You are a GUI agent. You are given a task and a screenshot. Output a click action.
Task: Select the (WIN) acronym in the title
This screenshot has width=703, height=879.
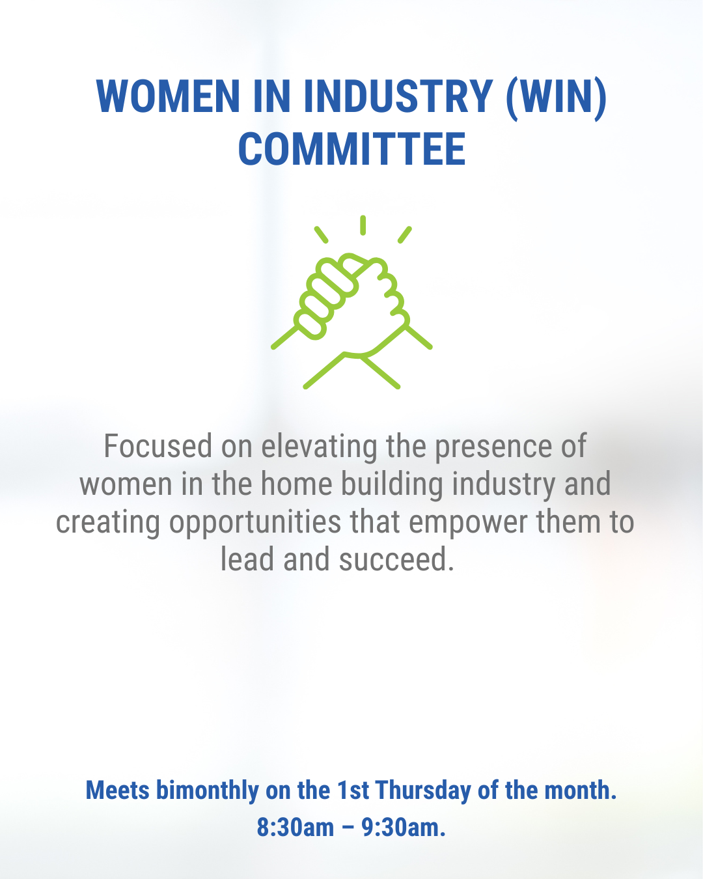557,98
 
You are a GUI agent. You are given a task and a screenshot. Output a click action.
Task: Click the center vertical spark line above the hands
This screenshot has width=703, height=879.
363,225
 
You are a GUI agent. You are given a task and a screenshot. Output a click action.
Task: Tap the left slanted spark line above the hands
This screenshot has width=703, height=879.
321,234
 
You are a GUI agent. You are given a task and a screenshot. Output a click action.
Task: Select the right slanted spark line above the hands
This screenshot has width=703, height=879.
405,234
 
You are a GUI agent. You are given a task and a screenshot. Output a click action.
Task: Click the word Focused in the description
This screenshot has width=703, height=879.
158,446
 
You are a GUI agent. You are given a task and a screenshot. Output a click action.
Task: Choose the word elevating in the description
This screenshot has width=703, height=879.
319,448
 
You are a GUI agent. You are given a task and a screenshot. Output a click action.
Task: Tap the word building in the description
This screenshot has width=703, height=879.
392,485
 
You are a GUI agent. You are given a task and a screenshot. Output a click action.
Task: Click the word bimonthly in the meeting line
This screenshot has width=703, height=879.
208,790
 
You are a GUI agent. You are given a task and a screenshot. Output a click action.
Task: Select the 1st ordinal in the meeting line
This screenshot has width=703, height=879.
353,790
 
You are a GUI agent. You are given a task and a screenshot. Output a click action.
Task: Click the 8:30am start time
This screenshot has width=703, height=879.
295,827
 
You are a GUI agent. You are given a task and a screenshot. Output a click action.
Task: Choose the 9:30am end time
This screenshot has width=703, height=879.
403,827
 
